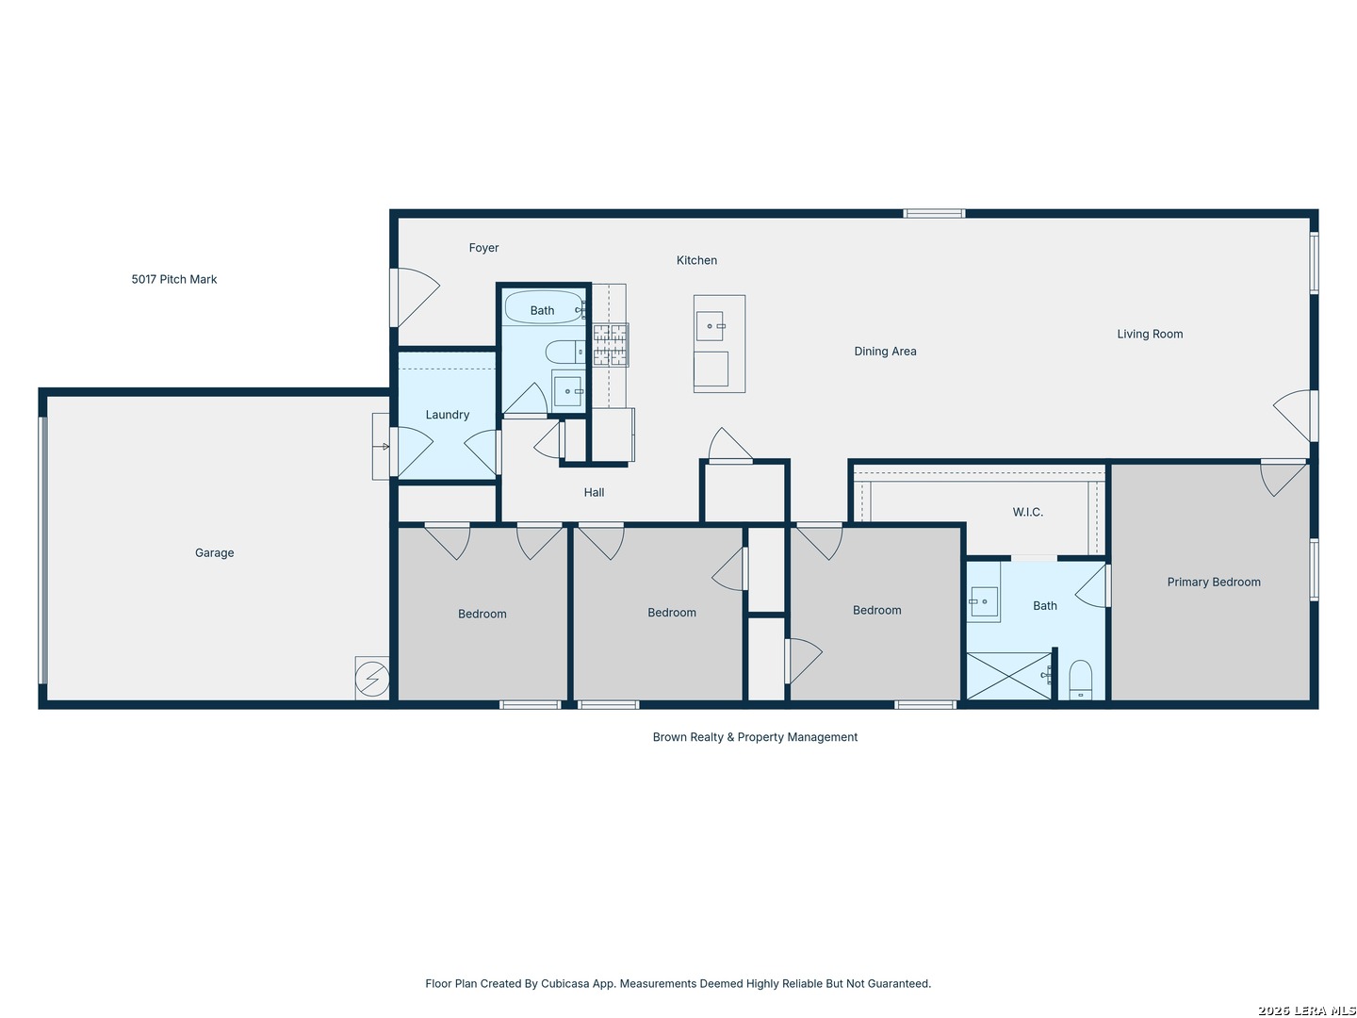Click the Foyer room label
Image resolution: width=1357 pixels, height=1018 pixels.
coord(483,248)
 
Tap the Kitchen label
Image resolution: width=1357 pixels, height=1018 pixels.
coord(696,260)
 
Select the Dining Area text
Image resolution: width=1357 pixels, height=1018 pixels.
coord(885,351)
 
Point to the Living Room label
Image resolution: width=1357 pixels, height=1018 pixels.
coord(1150,335)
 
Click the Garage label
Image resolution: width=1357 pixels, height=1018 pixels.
coord(215,552)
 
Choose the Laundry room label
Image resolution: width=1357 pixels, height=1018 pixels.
coord(448,415)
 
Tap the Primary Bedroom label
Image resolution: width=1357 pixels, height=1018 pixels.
coord(1214,582)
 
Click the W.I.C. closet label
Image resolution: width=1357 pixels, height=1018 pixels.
coord(1027,512)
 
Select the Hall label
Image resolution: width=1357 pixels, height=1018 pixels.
coord(594,493)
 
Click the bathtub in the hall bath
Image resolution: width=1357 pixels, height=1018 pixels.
coord(544,307)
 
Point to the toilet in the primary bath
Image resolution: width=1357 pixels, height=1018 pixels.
coord(1080,680)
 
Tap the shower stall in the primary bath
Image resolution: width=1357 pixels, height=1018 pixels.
coord(1009,676)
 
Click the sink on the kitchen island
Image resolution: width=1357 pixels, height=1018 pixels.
coord(710,326)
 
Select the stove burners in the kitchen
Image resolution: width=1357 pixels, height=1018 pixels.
coord(611,345)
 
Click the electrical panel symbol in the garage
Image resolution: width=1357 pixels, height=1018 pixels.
coord(372,678)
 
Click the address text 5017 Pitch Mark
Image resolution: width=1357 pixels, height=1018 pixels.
coord(174,279)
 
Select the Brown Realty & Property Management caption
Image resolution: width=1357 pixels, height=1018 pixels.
coord(755,737)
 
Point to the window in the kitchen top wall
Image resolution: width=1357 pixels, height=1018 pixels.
coord(934,214)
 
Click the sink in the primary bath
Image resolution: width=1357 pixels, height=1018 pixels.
coord(983,601)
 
